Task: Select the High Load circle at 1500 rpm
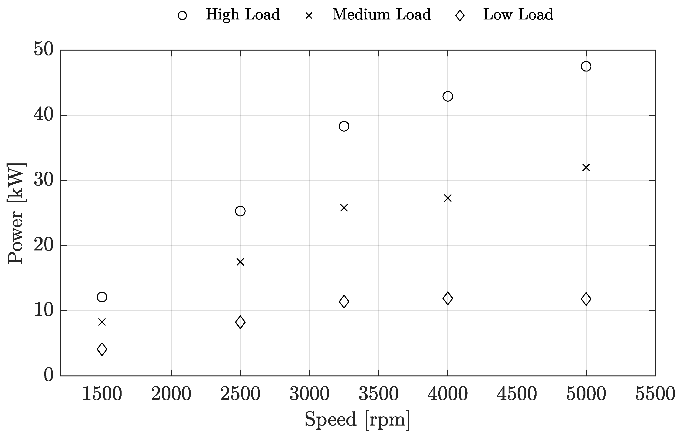[x=102, y=297]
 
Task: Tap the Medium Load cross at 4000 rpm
[x=447, y=198]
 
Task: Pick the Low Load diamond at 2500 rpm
[x=240, y=322]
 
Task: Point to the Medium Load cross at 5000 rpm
[x=586, y=168]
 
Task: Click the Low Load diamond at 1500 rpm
[x=102, y=349]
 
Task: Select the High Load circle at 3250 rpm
[x=344, y=126]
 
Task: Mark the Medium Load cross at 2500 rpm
[x=240, y=262]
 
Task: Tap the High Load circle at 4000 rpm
[x=447, y=96]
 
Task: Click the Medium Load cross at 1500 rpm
[x=102, y=322]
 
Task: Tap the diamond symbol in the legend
[x=460, y=15]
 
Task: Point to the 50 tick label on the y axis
[x=43, y=50]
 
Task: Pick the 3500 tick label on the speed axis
[x=378, y=394]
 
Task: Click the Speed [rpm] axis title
[x=357, y=419]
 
